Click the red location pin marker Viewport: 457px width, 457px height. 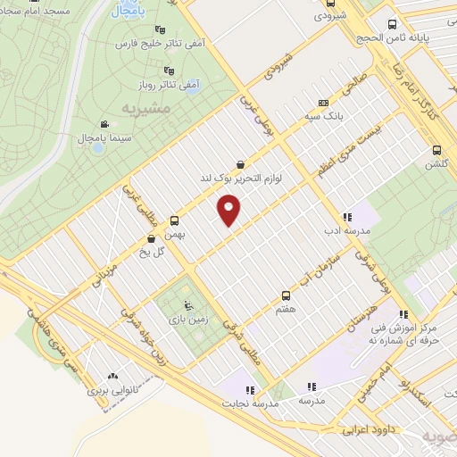pos(229,211)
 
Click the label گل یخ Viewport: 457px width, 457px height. pos(136,252)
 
